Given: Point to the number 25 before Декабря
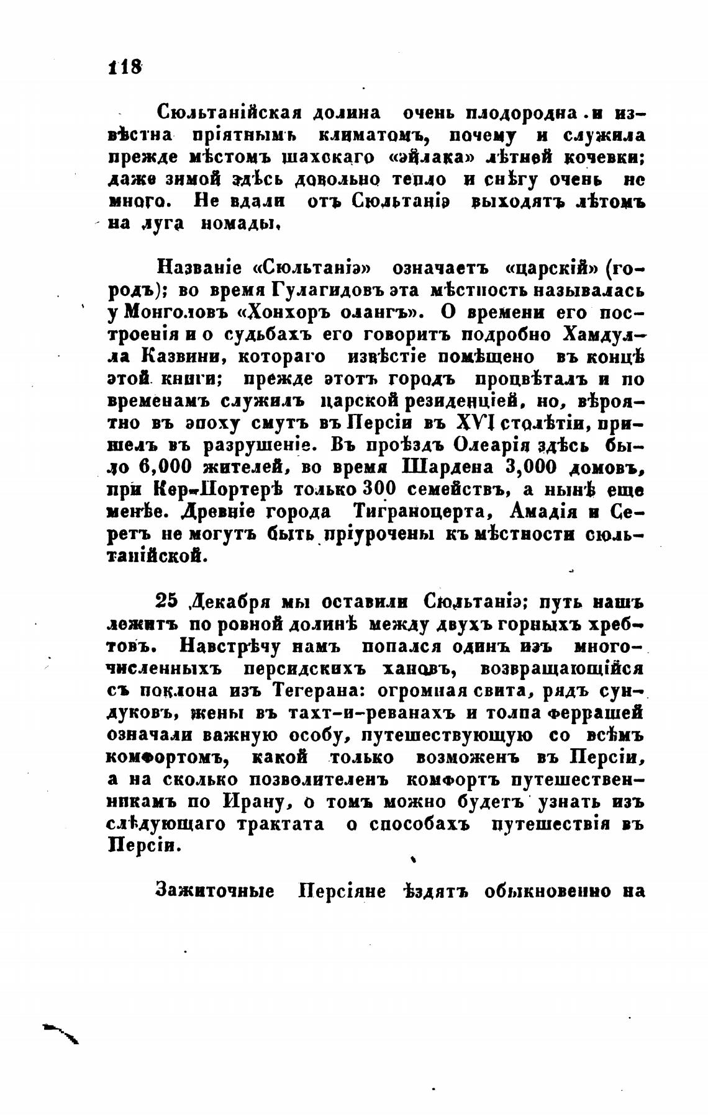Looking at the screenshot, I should click(x=167, y=601).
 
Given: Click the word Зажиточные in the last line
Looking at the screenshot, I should click(x=215, y=891).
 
